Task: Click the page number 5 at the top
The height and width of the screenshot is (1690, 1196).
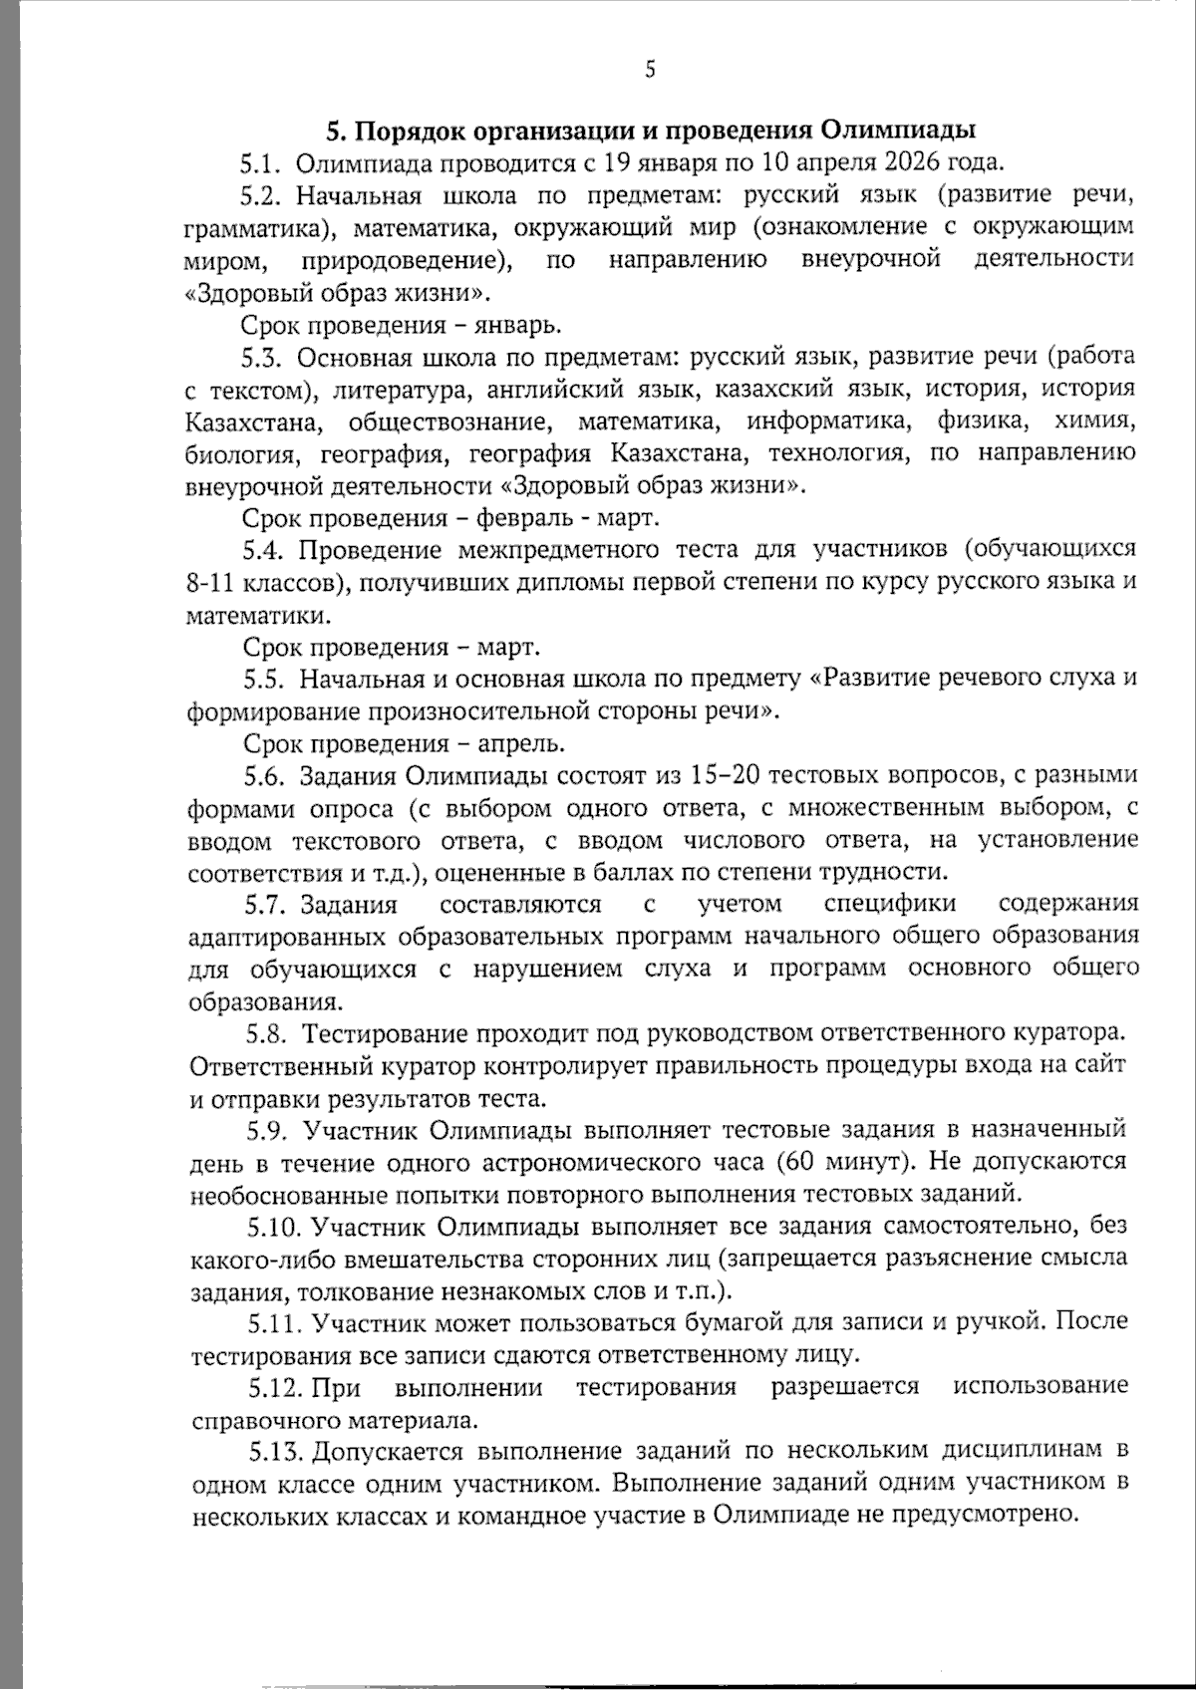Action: pos(650,69)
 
